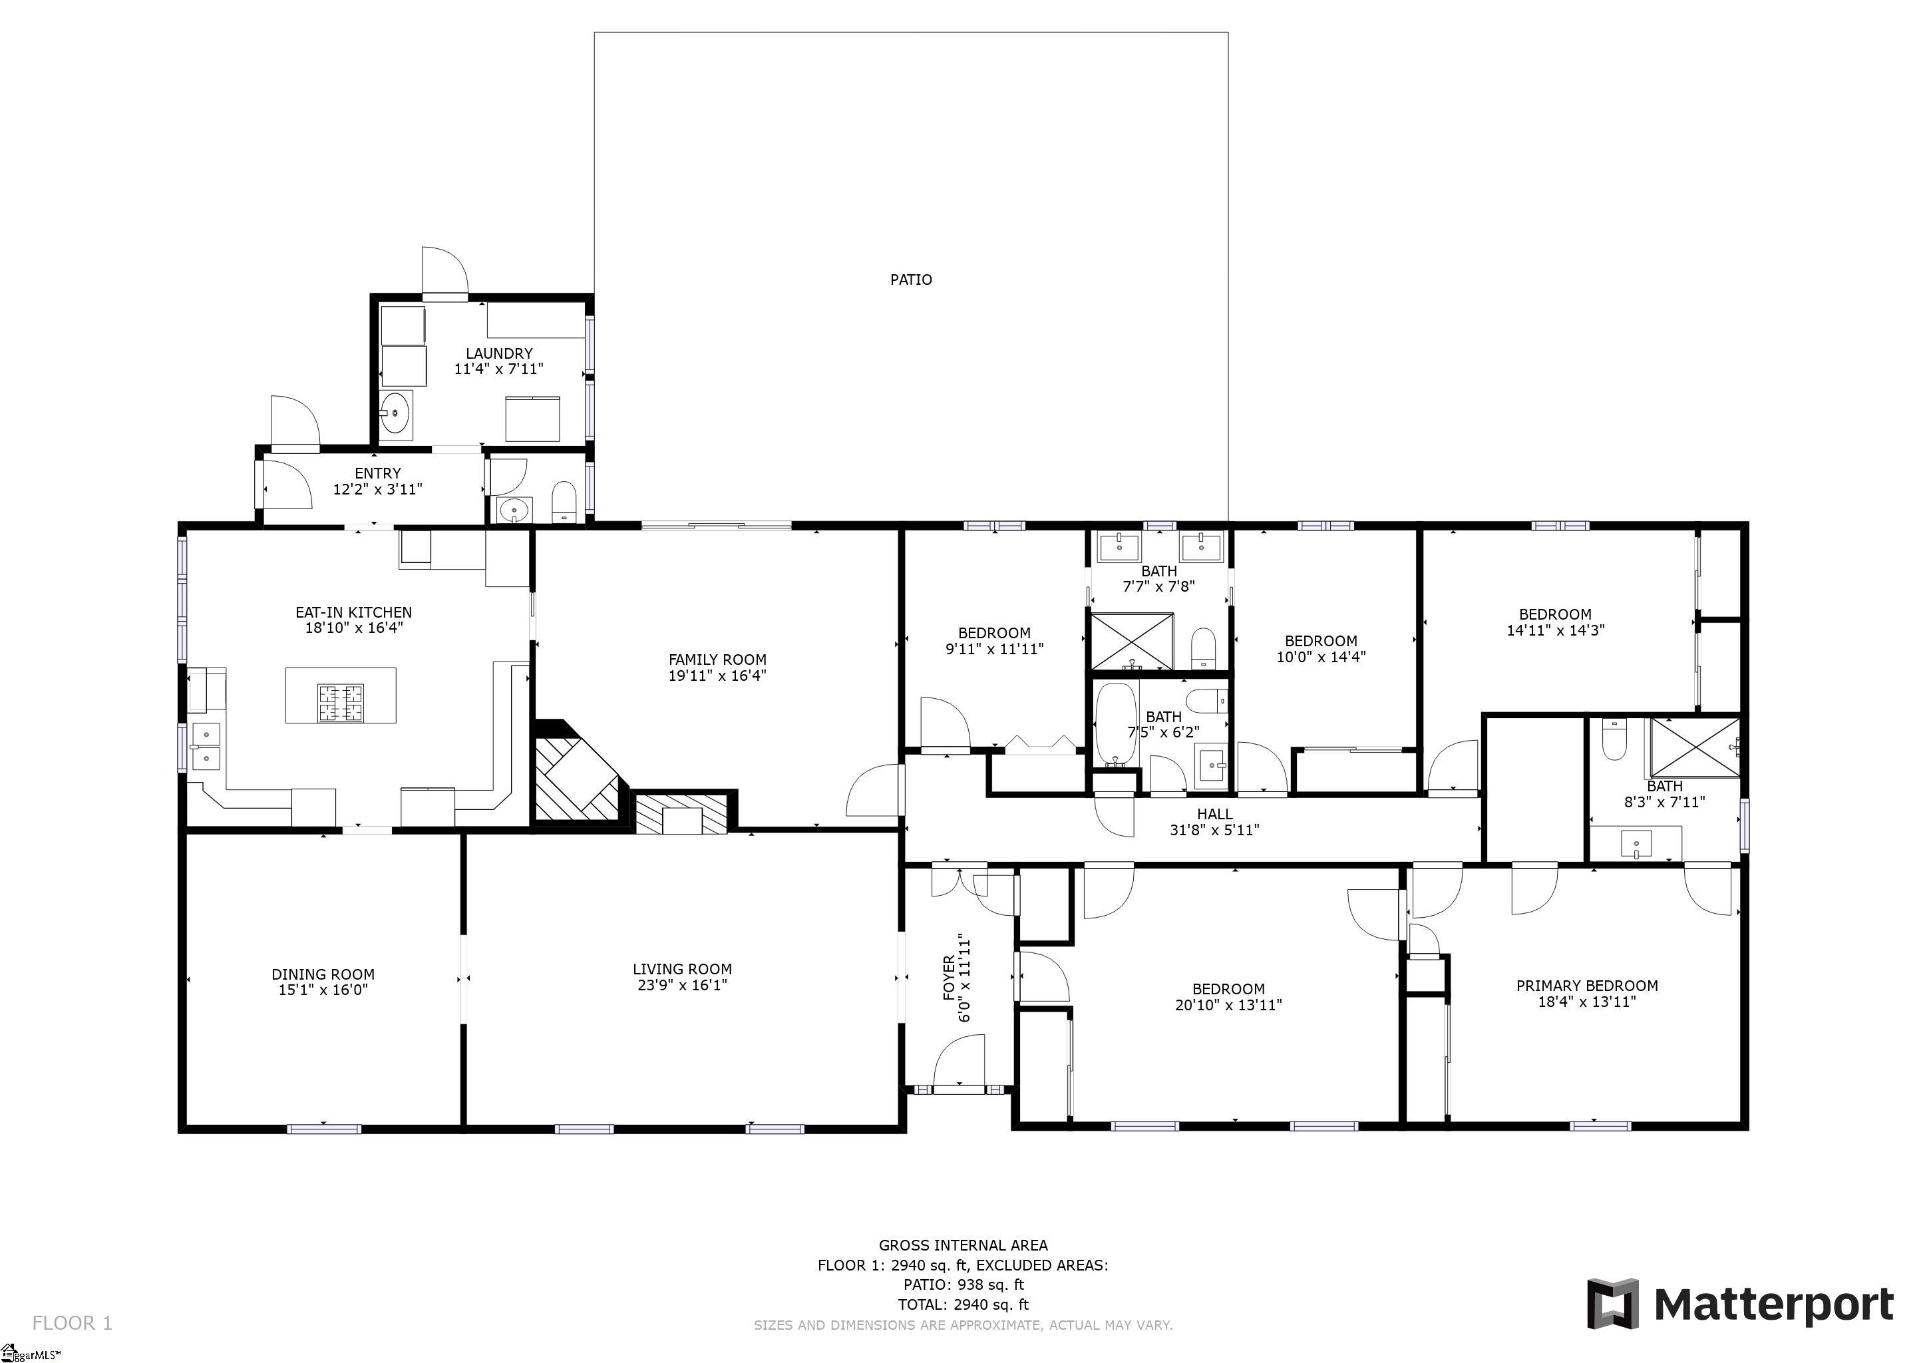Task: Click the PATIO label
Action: click(x=911, y=280)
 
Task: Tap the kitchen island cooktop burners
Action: click(x=341, y=703)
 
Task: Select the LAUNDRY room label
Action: click(x=498, y=353)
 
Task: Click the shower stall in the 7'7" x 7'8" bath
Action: click(x=1131, y=641)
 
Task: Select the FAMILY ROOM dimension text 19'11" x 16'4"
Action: click(x=717, y=676)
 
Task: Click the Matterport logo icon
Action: click(x=1612, y=1303)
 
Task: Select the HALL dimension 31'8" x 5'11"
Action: click(x=1214, y=830)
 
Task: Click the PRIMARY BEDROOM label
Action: click(x=1586, y=986)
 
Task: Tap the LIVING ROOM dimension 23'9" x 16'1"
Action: click(x=681, y=984)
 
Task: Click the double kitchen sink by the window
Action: click(x=206, y=746)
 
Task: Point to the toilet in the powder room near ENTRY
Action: click(x=564, y=501)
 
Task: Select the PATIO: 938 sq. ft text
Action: click(x=963, y=1284)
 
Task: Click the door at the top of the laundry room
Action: click(x=444, y=273)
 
